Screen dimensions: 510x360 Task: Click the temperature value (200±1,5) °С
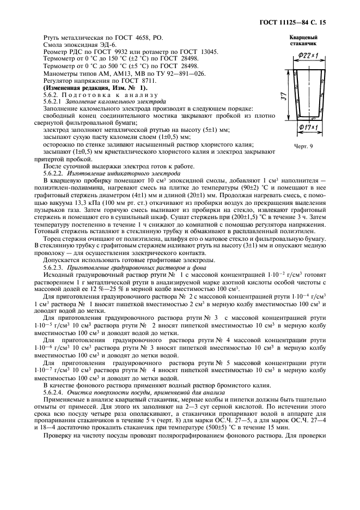pyautogui.click(x=258, y=216)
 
